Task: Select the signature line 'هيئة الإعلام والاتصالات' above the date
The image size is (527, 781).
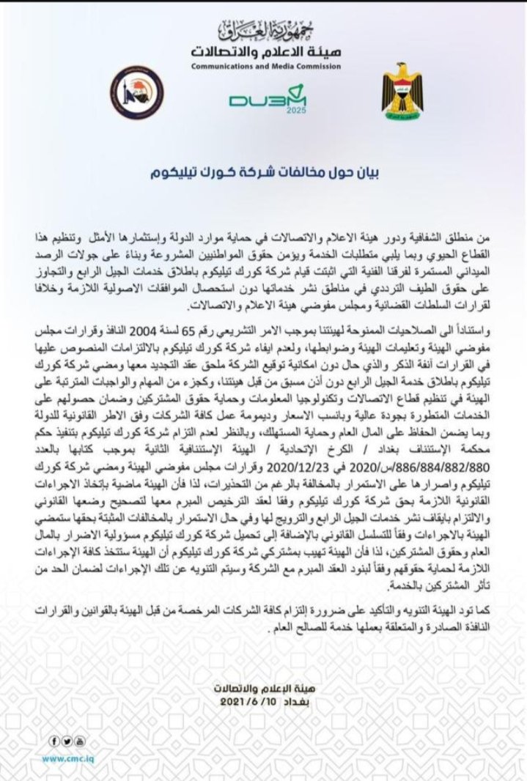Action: click(264, 688)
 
